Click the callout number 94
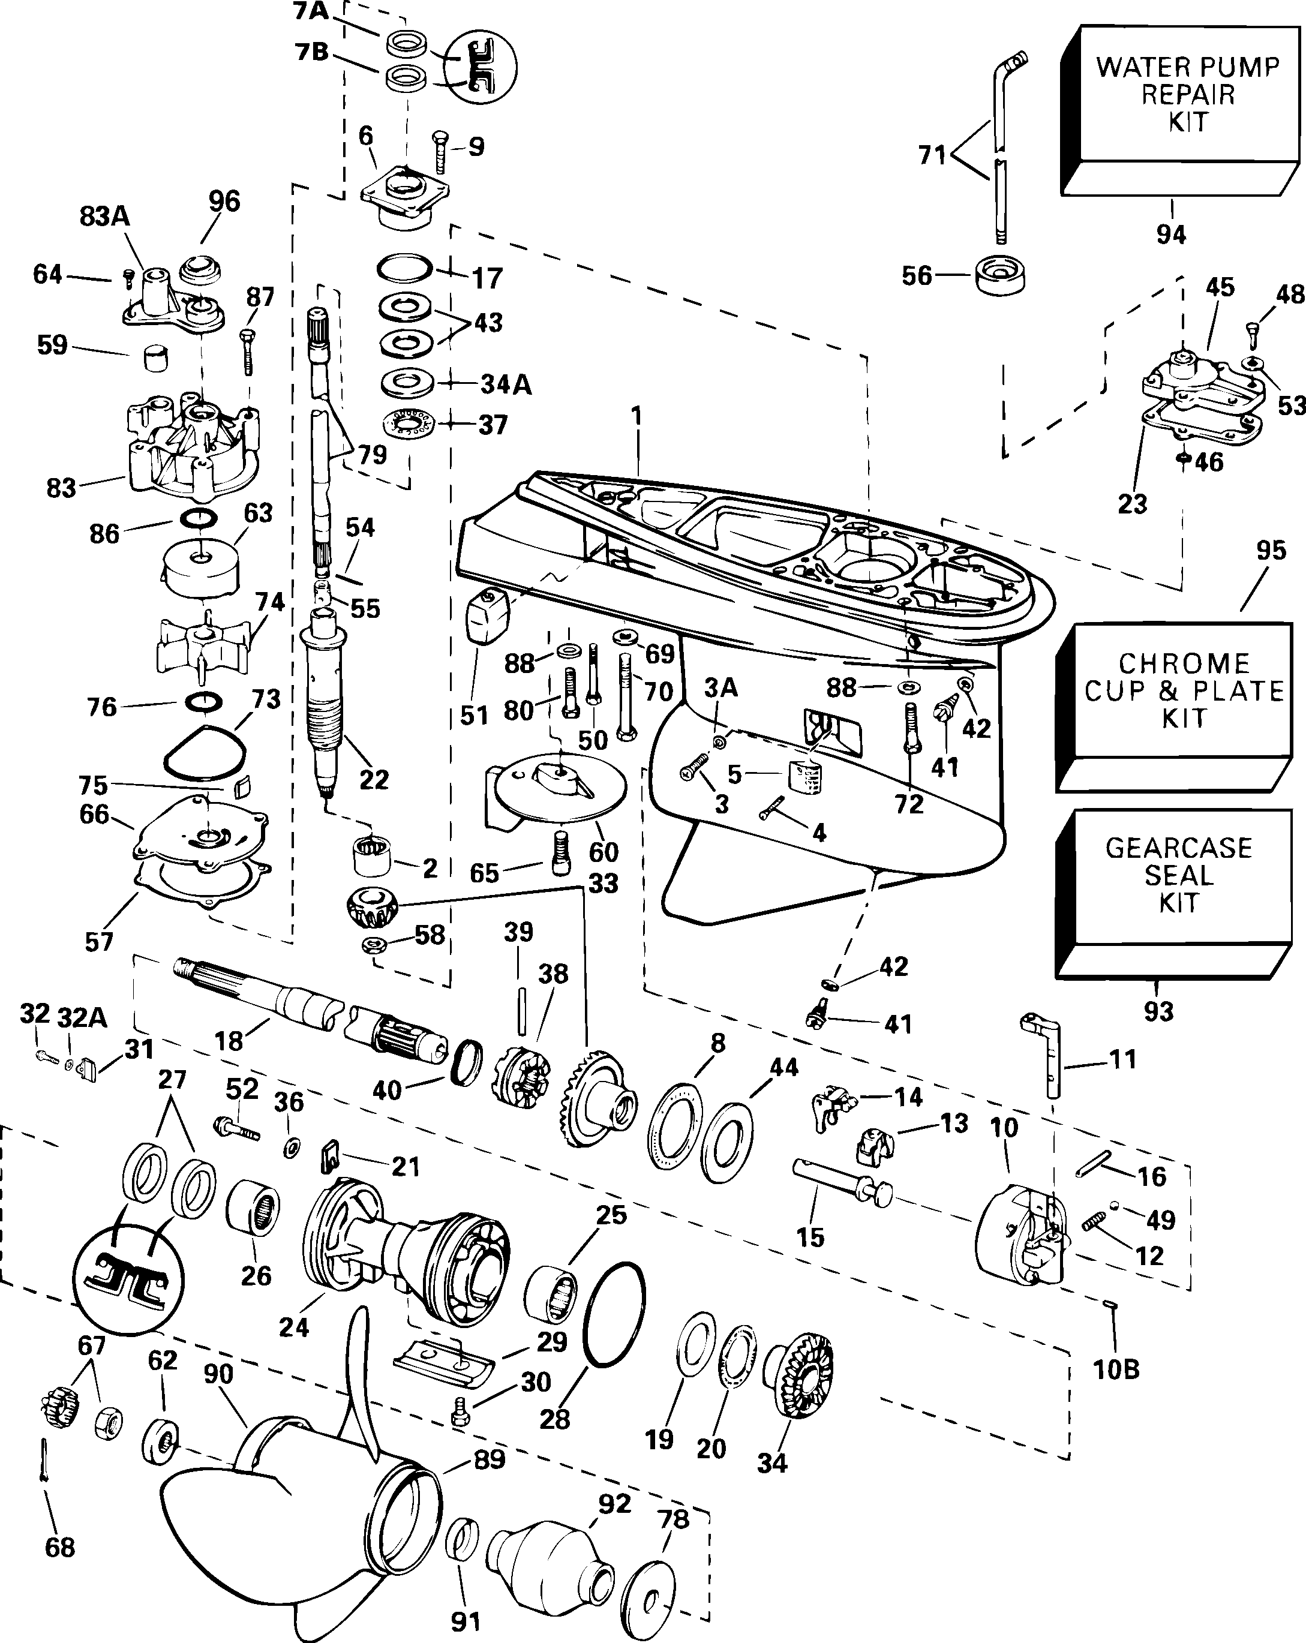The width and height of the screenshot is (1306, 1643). pos(1171,234)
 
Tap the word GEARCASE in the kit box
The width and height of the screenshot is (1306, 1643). pos(1179,848)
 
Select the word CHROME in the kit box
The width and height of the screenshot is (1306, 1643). pos(1184,663)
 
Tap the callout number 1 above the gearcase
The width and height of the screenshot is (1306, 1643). pos(637,416)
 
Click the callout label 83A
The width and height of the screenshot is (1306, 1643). pos(104,217)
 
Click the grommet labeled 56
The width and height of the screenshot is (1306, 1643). pos(999,276)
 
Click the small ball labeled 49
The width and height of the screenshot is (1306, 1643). pos(1115,1206)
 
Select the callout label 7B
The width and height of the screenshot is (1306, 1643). pos(311,53)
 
